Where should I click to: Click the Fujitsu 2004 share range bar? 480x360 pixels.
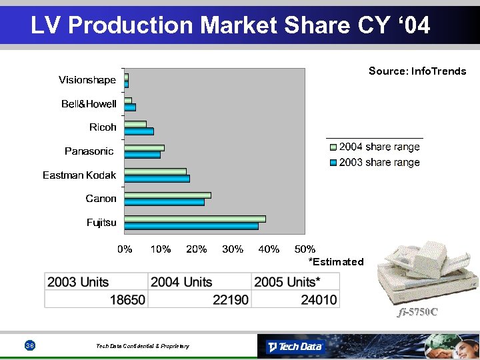(x=195, y=219)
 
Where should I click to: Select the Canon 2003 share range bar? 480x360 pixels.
(x=164, y=202)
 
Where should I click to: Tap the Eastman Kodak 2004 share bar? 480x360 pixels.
(x=155, y=171)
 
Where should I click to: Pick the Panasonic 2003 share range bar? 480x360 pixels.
(x=142, y=155)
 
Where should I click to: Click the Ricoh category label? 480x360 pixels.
(x=103, y=127)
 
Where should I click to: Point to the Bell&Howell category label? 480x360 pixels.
(x=89, y=104)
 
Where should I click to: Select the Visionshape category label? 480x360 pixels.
(x=87, y=80)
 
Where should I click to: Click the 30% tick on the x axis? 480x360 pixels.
(x=233, y=249)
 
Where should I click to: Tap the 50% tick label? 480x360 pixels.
(x=305, y=249)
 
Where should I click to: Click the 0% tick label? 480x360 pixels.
(x=125, y=249)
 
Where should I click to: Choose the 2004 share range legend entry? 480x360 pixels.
(x=375, y=147)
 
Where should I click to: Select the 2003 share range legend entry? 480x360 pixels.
(x=375, y=163)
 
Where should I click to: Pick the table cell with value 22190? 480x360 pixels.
(x=231, y=300)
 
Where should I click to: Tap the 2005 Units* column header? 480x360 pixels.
(x=287, y=282)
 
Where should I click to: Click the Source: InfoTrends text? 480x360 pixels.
(x=417, y=71)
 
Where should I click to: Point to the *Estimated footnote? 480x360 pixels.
(x=336, y=262)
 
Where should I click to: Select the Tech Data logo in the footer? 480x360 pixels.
(x=294, y=347)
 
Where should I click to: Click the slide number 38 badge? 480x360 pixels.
(x=30, y=345)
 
